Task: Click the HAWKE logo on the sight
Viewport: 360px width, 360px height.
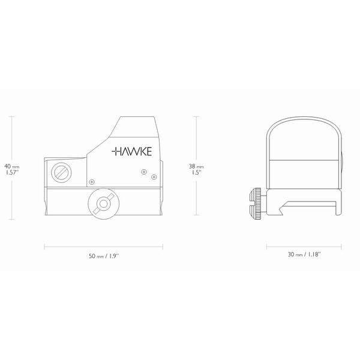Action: click(x=131, y=152)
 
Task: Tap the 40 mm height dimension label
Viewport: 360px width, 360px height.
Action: click(x=12, y=166)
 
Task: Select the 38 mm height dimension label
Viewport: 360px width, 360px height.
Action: click(x=196, y=166)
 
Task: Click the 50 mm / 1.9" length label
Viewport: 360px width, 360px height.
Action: click(x=104, y=256)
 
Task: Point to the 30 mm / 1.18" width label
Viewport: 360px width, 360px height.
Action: click(x=304, y=254)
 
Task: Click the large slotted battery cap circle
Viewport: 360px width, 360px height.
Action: click(x=61, y=172)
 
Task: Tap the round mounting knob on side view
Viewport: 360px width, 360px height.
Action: click(x=104, y=203)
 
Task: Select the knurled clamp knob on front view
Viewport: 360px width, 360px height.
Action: click(x=256, y=203)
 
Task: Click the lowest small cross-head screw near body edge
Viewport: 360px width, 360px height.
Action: click(x=92, y=182)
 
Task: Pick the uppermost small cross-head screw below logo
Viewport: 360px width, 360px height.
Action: click(x=144, y=172)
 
